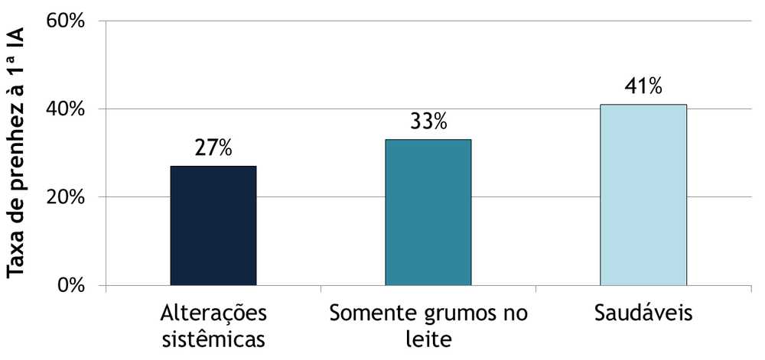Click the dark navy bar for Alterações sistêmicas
(x=213, y=225)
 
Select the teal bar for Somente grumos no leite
(x=428, y=212)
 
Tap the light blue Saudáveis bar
(x=643, y=195)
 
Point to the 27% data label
(x=213, y=148)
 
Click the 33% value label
(x=428, y=122)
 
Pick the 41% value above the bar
(x=643, y=86)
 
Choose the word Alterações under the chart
(x=213, y=314)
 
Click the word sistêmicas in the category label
(x=213, y=339)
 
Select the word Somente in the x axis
(x=364, y=313)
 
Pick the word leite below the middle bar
(x=428, y=339)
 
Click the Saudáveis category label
(x=643, y=313)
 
